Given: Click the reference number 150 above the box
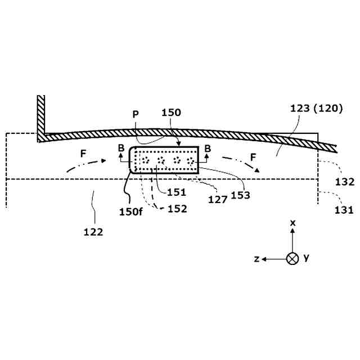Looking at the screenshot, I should point(170,112).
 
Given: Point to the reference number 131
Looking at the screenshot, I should point(344,210).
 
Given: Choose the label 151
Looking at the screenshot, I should point(177,192).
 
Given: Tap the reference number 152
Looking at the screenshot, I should point(176,209).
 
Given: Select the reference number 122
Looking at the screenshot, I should point(93,231).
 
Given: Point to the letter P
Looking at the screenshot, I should point(135,113).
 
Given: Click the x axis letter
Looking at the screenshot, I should point(292,223).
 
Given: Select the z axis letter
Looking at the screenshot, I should point(256,259).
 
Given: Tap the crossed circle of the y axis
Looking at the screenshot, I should point(292,259).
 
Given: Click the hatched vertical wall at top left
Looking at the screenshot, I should point(40,115).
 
